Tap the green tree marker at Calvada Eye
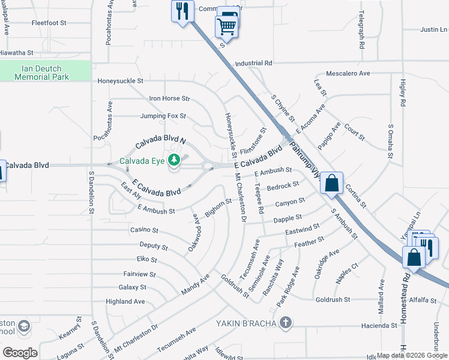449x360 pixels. click(174, 160)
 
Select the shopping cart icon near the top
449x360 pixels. click(226, 26)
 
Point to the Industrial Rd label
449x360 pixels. click(254, 63)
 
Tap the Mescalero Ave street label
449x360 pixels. click(348, 73)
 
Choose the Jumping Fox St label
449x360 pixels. click(163, 116)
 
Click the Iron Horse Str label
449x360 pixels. click(169, 98)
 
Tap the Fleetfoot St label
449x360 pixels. click(52, 24)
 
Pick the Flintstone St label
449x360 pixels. click(253, 140)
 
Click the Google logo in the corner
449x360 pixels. click(20, 352)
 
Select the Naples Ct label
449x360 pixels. click(347, 274)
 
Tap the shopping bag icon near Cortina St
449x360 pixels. click(331, 182)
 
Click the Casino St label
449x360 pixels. click(144, 230)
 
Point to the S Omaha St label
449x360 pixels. click(390, 142)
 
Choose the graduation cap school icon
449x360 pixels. click(24, 326)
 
